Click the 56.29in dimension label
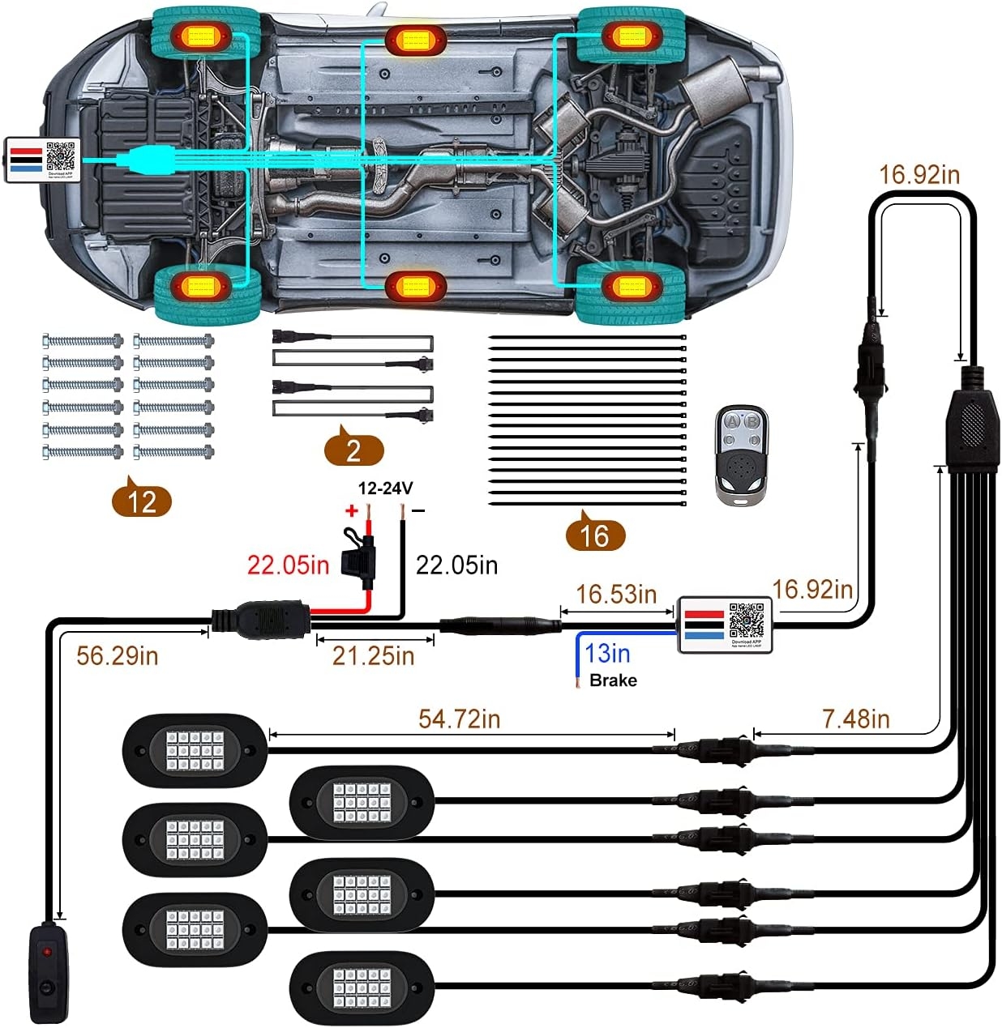click(117, 655)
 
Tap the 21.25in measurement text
click(373, 655)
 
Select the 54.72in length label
click(459, 719)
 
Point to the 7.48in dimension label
click(855, 719)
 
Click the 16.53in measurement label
click(616, 594)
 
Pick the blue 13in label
click(607, 653)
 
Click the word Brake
click(613, 680)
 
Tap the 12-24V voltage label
click(386, 488)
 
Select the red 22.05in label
click(288, 565)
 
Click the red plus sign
click(351, 510)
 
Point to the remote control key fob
click(742, 454)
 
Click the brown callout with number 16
click(594, 535)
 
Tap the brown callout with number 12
click(142, 501)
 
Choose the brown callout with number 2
click(353, 450)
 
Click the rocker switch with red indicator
click(49, 972)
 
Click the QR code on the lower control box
click(746, 620)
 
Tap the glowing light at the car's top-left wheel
click(198, 36)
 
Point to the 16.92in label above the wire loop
click(918, 174)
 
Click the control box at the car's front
click(42, 160)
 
